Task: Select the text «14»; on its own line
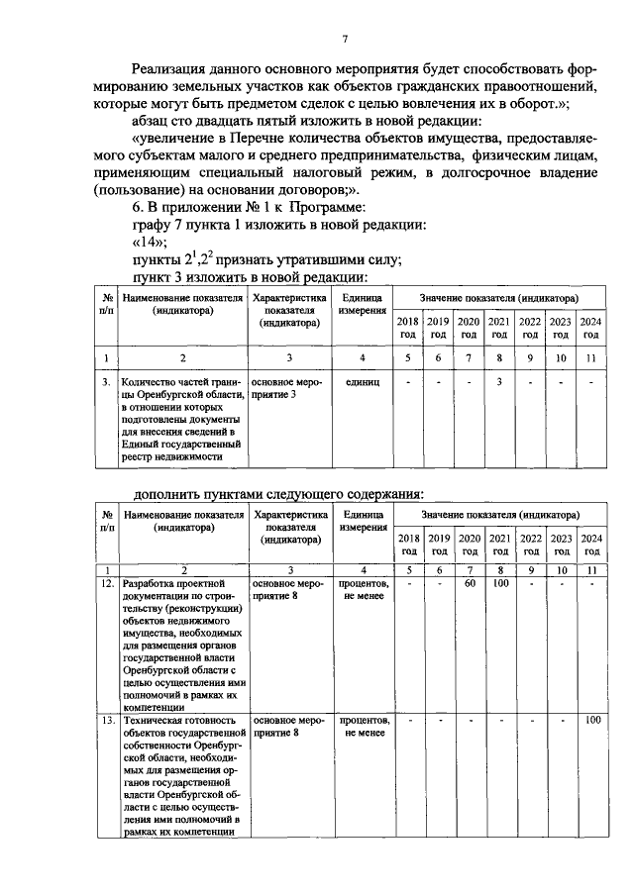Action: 149,243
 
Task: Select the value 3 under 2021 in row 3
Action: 500,381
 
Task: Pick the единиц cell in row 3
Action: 363,381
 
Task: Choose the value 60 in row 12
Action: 470,584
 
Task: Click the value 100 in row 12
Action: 500,584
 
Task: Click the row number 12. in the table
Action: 106,584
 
